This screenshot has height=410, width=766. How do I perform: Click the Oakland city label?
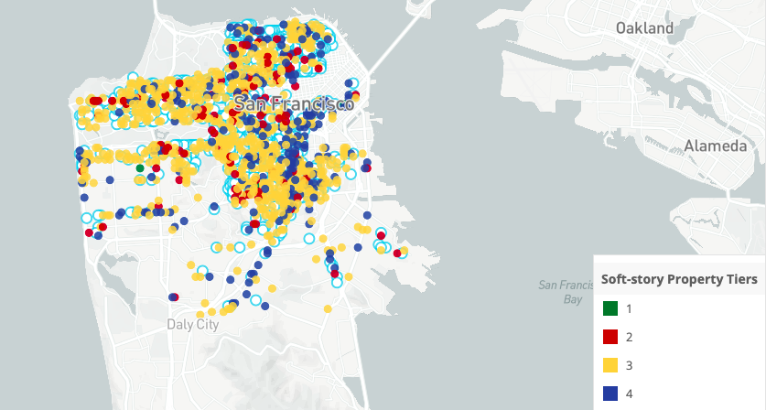(644, 28)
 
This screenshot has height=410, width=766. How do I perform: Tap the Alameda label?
(715, 146)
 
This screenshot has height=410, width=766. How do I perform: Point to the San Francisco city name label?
(293, 104)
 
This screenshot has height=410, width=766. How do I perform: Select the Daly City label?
(193, 324)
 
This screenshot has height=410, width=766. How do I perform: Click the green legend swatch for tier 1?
(610, 308)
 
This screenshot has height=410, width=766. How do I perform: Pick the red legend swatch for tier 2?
(610, 337)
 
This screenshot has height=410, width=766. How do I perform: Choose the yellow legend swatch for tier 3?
(610, 365)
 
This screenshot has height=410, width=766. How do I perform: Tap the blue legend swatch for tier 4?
(610, 394)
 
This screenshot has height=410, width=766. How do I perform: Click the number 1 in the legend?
(629, 308)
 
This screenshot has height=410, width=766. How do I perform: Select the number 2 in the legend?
(629, 337)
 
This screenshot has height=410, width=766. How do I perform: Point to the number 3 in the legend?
(629, 365)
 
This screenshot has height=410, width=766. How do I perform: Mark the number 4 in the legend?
(629, 394)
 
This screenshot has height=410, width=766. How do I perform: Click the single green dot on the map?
(139, 167)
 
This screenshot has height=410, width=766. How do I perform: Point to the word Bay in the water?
(574, 299)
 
